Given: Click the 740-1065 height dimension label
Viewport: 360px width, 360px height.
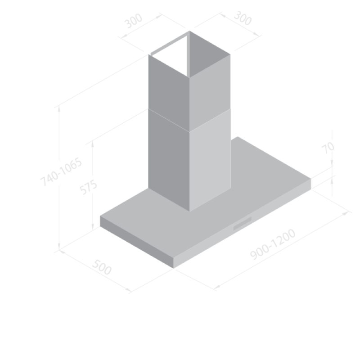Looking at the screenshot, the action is [61, 172].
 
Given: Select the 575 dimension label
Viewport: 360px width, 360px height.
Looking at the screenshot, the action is [88, 187].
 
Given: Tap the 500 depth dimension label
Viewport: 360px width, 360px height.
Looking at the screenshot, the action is [102, 267].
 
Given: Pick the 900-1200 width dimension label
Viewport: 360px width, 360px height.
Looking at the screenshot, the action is [273, 244].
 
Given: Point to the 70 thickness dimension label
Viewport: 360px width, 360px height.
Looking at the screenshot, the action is [328, 148].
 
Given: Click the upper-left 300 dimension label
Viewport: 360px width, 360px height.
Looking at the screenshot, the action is [133, 21].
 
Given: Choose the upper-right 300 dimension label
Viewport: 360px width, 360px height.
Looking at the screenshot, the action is [243, 18].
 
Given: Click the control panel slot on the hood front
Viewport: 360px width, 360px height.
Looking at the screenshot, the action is [243, 223].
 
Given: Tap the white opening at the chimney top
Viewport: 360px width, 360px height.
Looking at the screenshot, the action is [170, 55].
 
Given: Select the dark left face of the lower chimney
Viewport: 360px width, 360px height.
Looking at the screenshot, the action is [169, 160].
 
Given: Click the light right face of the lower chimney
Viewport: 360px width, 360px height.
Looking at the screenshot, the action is [210, 160].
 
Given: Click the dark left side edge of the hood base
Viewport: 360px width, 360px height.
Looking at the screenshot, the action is [137, 242].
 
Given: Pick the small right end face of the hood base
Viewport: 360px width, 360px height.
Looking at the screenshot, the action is [311, 184].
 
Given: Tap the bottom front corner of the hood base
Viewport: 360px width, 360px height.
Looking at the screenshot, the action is [173, 268].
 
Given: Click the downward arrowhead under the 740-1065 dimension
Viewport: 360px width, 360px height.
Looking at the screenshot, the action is [59, 247].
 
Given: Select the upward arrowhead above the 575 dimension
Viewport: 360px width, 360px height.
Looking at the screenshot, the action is [93, 144].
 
